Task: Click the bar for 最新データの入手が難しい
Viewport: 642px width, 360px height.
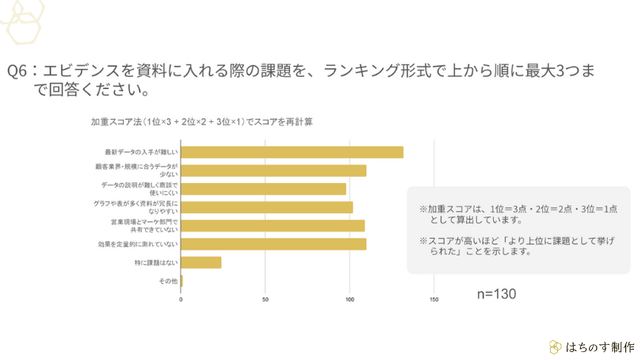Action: coord(292,152)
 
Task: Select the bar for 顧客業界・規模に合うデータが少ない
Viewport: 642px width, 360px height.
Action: coord(273,170)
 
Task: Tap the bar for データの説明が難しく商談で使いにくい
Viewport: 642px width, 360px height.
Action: coord(263,189)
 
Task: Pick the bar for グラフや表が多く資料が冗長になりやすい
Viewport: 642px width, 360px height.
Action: coord(266,207)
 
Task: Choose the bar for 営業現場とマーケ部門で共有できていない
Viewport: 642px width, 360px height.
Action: coord(273,225)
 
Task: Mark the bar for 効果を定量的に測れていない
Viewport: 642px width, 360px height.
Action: coord(273,243)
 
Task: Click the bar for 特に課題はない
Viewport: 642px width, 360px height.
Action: coord(201,262)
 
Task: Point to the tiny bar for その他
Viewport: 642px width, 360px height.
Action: coord(182,281)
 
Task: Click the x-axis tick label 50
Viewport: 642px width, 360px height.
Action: coord(266,300)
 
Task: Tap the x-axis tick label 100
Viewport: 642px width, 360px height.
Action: coord(350,300)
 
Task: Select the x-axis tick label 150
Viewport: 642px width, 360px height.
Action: coord(434,300)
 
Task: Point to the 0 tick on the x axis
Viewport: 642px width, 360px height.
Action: coord(181,300)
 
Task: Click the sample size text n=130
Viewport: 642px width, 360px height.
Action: coord(496,294)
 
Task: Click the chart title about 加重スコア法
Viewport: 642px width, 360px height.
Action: coord(201,122)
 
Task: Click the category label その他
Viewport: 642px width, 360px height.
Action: coord(169,281)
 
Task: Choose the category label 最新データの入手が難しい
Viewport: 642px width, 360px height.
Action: coord(141,152)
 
